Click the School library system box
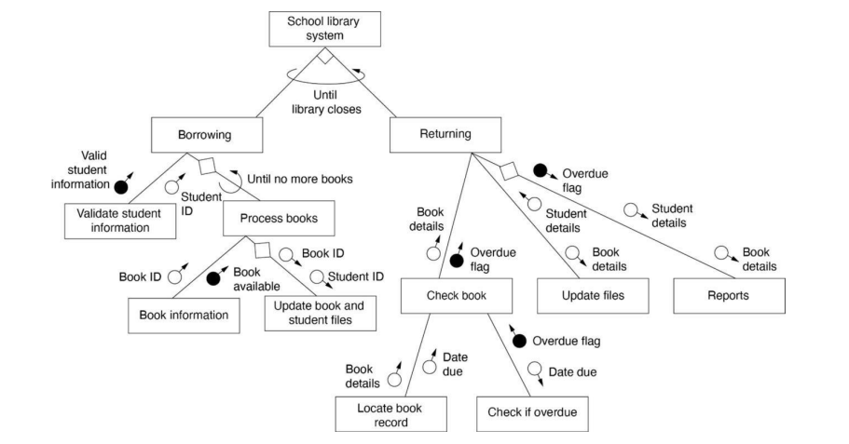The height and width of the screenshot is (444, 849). pos(325,29)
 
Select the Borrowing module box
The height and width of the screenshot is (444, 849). pos(203,135)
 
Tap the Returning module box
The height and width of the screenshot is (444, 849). pos(444,135)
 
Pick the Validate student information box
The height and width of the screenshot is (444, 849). pos(119,221)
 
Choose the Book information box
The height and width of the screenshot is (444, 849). pos(184,315)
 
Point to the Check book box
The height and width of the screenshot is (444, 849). pos(457,297)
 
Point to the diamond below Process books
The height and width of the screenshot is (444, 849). pos(262,249)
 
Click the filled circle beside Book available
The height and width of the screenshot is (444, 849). pos(212,277)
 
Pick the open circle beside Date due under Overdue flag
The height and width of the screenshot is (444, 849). pos(534,369)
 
